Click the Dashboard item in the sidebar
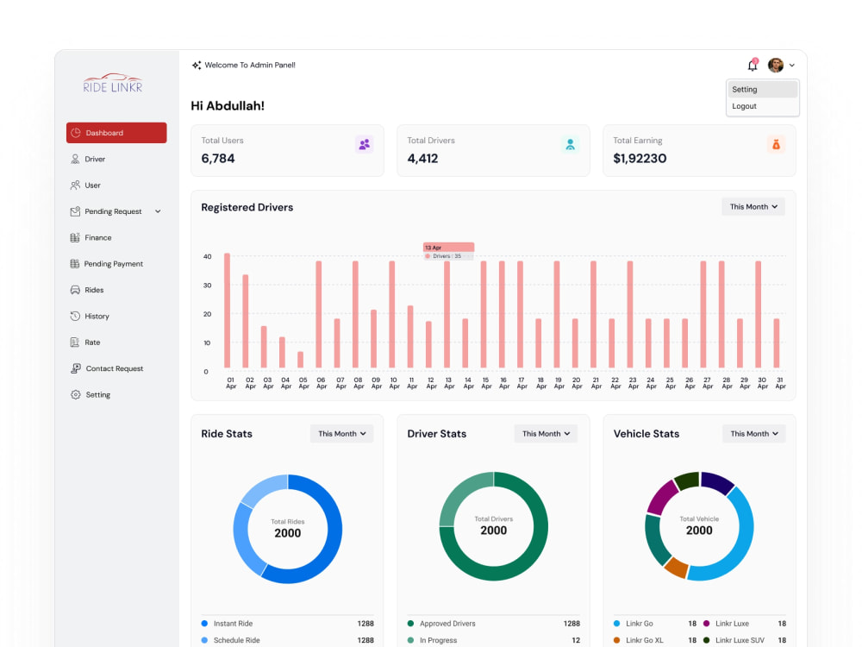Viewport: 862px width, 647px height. click(x=116, y=133)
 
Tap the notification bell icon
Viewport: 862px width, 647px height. click(x=753, y=66)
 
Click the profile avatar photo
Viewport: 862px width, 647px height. click(x=776, y=65)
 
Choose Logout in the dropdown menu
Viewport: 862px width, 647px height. click(x=745, y=106)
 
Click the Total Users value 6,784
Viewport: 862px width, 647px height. click(x=218, y=159)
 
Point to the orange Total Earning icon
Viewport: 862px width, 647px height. click(x=776, y=145)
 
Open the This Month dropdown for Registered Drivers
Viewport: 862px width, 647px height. click(x=753, y=207)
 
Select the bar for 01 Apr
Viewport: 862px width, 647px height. click(x=227, y=311)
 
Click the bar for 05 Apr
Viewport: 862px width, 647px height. click(x=300, y=360)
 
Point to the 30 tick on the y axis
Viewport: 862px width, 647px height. click(x=207, y=285)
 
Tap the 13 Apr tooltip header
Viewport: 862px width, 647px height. click(x=448, y=247)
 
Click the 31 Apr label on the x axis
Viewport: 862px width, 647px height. click(x=780, y=383)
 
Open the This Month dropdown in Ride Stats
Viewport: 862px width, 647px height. click(x=342, y=434)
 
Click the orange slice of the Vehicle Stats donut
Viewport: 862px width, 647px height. click(x=676, y=568)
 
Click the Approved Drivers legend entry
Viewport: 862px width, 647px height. click(x=441, y=624)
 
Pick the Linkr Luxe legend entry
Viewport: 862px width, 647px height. click(x=726, y=624)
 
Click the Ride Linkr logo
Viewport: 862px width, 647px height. click(x=113, y=83)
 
